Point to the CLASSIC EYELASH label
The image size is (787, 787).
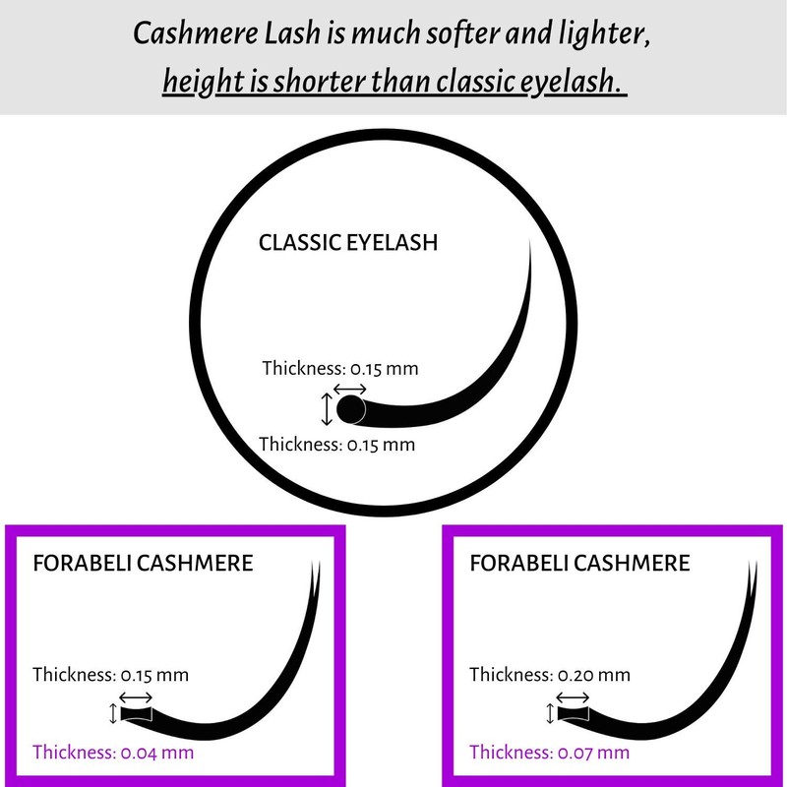tap(347, 242)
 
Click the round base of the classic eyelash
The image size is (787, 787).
tap(351, 408)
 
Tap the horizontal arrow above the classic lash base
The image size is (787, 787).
tap(350, 390)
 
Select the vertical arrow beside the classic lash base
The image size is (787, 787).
tap(328, 407)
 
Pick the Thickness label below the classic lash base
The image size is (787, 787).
tap(336, 444)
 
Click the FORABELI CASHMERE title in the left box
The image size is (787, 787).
tap(144, 564)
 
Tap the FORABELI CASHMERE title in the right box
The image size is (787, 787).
tap(580, 564)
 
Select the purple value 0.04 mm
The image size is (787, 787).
tap(155, 753)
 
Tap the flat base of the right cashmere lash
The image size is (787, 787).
tap(572, 713)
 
